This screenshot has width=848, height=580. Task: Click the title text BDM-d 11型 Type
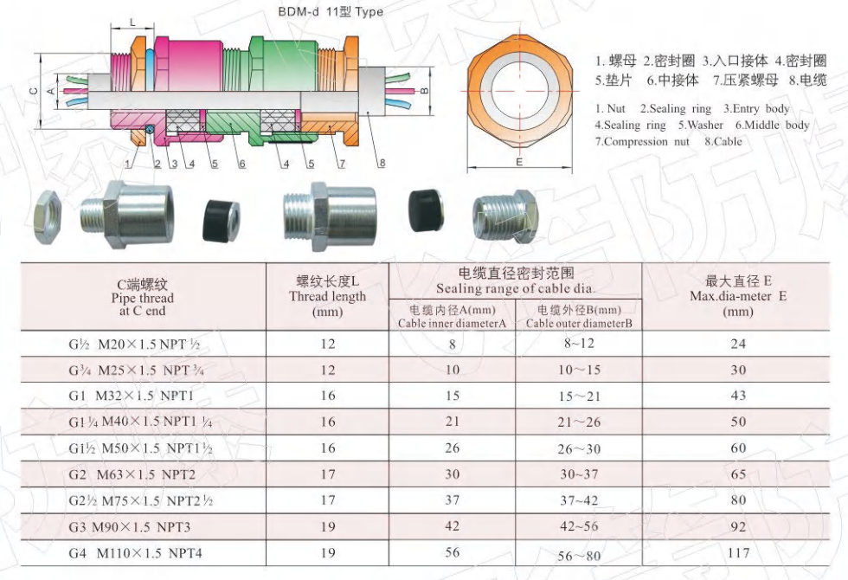(331, 11)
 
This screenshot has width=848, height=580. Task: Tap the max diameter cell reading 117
(738, 552)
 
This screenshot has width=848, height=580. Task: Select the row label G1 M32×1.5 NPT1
(131, 396)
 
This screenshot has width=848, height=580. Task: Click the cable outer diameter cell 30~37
(579, 474)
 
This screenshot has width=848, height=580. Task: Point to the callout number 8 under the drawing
(382, 163)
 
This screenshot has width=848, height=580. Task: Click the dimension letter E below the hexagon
(519, 162)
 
